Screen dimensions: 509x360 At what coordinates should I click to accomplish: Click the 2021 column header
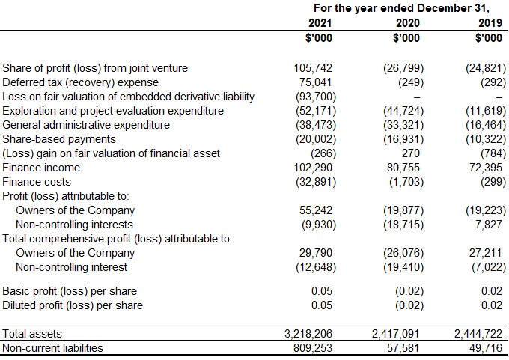320,23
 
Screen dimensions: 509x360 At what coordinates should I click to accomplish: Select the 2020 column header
408,23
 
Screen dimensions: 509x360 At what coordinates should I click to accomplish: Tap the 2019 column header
490,23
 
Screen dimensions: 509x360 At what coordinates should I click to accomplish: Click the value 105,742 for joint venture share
313,68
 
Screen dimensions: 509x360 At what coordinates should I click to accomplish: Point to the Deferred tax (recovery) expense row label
81,82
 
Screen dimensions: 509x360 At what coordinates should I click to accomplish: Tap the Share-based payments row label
59,139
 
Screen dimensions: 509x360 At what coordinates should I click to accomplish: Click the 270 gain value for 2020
411,153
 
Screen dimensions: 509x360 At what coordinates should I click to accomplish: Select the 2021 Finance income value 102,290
313,168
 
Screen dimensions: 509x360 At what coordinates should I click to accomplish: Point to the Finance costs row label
37,182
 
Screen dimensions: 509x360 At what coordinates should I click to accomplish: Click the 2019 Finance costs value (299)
493,182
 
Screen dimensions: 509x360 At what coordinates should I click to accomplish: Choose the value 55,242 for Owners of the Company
316,210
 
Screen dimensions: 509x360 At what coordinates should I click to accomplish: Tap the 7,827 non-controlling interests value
489,225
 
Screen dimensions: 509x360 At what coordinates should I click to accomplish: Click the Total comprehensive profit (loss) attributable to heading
118,239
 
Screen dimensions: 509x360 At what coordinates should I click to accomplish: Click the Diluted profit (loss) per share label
73,305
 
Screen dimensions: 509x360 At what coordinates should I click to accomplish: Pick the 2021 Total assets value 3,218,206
308,334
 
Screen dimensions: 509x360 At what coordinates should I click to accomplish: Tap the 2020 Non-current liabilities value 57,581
403,348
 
